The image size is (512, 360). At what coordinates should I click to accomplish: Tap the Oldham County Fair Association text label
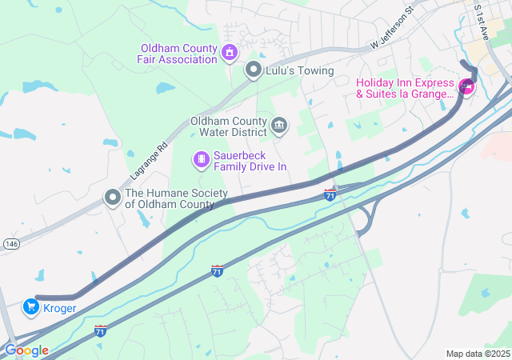(x=179, y=54)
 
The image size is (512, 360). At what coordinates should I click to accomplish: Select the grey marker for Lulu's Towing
(x=254, y=70)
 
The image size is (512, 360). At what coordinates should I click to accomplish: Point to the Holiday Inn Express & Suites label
(x=405, y=88)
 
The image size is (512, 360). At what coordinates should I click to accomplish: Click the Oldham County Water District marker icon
(x=279, y=125)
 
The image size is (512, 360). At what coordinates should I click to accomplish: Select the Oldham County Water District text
(x=228, y=126)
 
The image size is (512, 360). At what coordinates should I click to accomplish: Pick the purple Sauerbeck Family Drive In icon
(x=201, y=161)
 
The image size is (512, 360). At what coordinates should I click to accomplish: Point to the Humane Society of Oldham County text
(x=176, y=198)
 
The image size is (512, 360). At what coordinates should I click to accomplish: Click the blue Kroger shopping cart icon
(x=30, y=306)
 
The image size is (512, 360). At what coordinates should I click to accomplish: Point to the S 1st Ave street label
(x=482, y=18)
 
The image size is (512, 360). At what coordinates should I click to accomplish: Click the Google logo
(x=26, y=350)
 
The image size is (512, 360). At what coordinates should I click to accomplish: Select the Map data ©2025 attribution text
(x=478, y=354)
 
